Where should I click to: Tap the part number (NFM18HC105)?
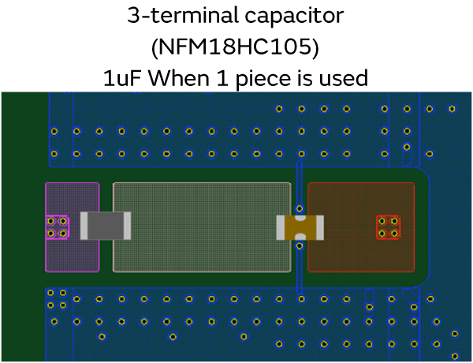[x=236, y=47]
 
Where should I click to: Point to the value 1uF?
[x=124, y=77]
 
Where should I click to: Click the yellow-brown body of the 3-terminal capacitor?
[x=300, y=227]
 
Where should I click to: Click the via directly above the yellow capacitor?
[x=300, y=209]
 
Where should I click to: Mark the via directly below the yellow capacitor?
[x=300, y=247]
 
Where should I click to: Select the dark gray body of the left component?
[x=102, y=226]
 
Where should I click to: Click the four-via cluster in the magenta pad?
[x=57, y=227]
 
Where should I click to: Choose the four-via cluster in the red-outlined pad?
[x=388, y=227]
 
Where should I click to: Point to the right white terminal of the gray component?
[x=127, y=226]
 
